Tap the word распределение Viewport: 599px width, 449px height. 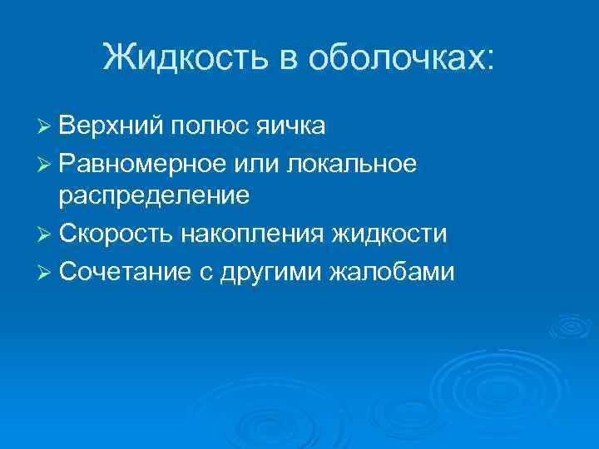154,196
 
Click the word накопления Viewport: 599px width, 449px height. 250,233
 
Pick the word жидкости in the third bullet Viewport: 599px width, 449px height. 390,233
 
